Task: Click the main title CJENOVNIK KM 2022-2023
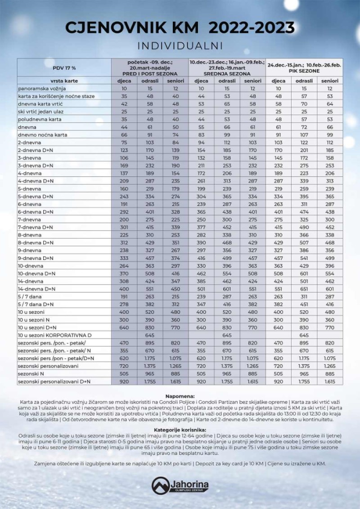180,28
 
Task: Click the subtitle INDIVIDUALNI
180,46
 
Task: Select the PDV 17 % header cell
64,67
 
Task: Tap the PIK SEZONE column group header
304,68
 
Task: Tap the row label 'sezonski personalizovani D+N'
54,382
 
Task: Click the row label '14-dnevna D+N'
36,289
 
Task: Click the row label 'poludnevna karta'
39,119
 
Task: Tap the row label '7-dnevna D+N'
36,227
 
